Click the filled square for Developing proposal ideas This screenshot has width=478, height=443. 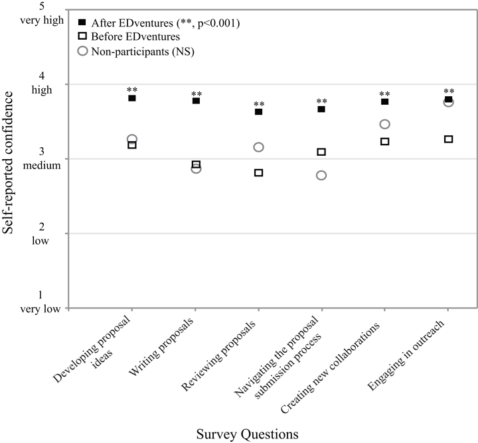coord(132,98)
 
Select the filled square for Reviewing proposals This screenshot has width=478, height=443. coord(258,111)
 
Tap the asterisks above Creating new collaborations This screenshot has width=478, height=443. coord(384,94)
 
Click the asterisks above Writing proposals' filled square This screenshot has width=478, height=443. coord(197,94)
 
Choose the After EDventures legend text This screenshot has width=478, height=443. coord(165,23)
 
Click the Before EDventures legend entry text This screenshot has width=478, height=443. coord(135,37)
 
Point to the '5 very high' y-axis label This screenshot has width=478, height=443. coord(42,14)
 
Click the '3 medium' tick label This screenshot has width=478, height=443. coord(42,158)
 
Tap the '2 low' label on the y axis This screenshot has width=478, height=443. coord(40,233)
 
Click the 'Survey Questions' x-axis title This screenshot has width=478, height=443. coord(247,434)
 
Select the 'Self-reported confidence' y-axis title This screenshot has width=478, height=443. coord(7,162)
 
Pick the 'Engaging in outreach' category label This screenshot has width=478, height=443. coord(406,355)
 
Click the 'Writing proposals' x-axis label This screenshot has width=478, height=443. coord(161,347)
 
